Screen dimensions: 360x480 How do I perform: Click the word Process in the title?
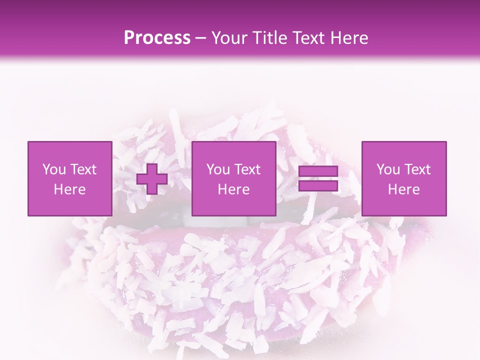point(157,38)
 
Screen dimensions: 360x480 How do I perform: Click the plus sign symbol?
point(152,179)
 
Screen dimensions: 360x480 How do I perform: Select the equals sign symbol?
point(318,178)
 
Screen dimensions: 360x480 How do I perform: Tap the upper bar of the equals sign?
point(318,171)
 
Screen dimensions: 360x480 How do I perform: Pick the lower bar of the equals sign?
point(318,185)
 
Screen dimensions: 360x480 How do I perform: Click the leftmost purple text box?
point(69,178)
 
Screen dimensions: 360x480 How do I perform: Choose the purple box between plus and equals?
point(233,178)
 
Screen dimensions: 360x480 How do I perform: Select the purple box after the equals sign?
point(403,178)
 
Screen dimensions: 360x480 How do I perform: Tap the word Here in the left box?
point(69,189)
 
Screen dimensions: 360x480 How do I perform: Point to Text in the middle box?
point(247,169)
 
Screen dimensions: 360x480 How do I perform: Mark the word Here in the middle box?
point(233,189)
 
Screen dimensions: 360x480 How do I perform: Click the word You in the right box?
point(389,169)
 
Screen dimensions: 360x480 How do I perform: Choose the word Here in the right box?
point(403,189)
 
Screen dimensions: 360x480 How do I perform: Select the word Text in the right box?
point(417,169)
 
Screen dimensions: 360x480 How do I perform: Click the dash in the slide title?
point(201,38)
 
